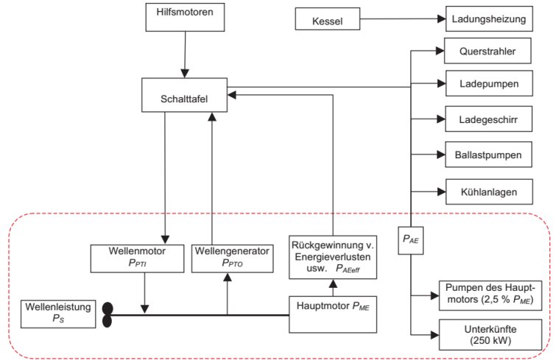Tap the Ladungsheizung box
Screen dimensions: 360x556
coord(488,18)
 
